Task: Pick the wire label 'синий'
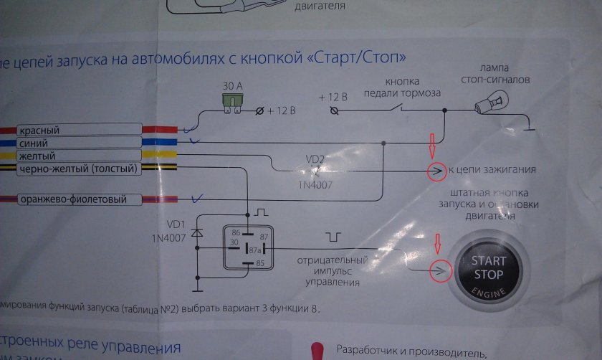[34, 143]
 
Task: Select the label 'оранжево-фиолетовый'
[71, 199]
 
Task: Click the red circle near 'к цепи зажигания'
[434, 171]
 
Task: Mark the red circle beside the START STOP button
[436, 270]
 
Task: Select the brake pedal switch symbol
[393, 110]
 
